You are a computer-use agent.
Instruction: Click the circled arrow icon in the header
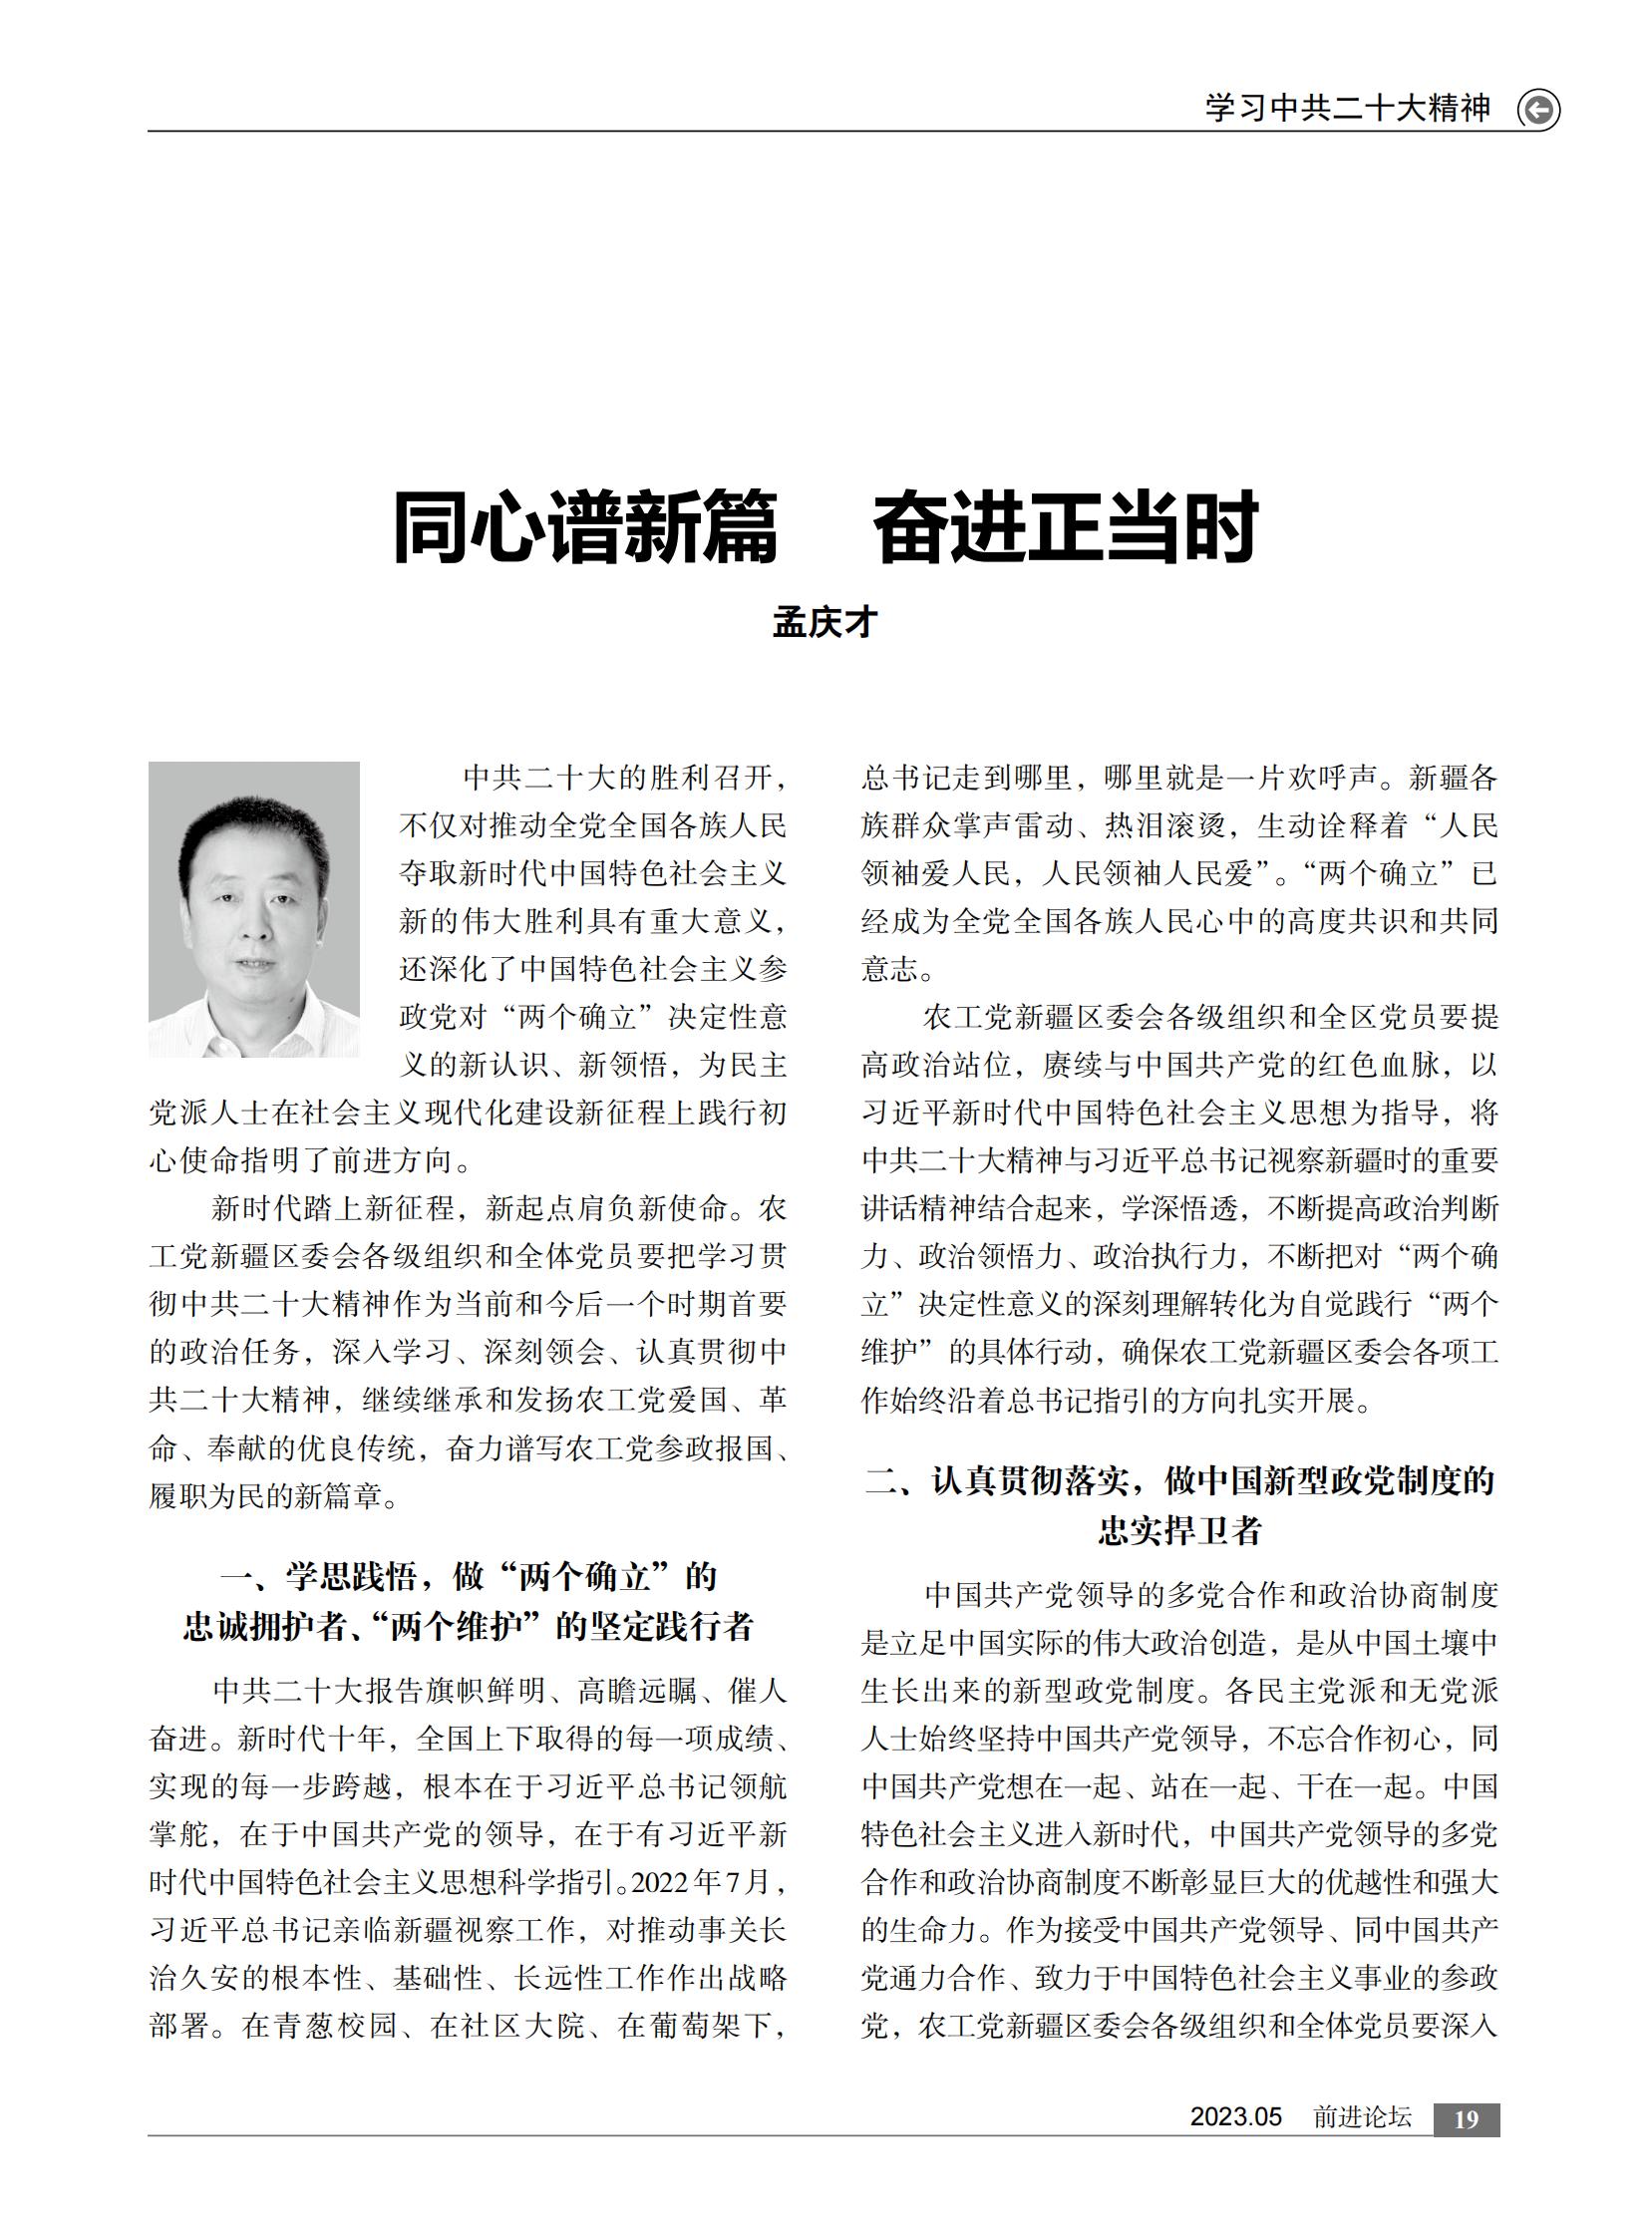[1537, 110]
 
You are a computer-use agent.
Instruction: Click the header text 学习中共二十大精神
[1347, 108]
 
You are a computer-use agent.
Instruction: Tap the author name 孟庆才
[824, 623]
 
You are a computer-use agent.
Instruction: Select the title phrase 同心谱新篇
[585, 527]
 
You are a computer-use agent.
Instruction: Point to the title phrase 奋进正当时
[1065, 527]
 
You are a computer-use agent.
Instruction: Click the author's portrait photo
[253, 909]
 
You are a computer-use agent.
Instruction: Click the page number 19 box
[1466, 2120]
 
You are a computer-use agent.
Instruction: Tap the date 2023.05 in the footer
[1234, 2117]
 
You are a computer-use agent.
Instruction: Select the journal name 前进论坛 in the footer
[1362, 2117]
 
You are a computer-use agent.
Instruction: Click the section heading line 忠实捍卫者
[1179, 1530]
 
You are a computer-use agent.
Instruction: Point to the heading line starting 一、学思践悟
[469, 1576]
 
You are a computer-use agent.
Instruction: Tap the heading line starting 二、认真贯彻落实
[1179, 1480]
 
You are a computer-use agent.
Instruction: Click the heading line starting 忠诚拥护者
[469, 1626]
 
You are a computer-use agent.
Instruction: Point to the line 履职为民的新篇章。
[273, 1496]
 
